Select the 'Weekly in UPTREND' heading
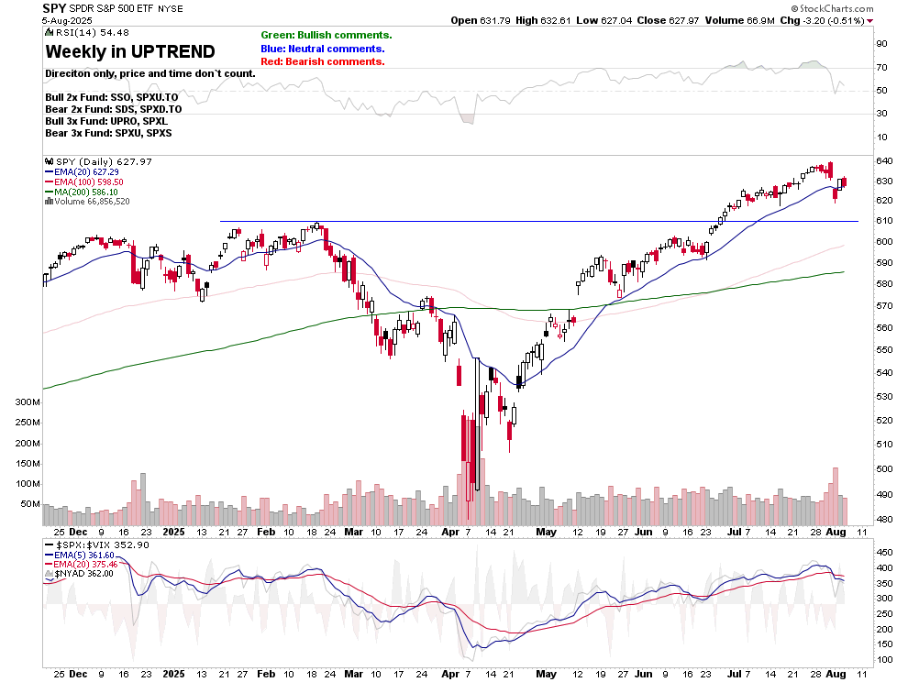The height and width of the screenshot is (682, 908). (129, 51)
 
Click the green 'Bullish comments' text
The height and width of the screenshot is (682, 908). (326, 35)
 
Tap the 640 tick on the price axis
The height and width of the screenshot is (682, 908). (885, 161)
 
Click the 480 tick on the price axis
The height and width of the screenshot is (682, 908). (885, 519)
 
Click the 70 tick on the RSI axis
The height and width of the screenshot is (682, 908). (881, 67)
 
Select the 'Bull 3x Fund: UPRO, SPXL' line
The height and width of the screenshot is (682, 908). (105, 121)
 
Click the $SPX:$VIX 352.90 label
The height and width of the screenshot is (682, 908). (96, 544)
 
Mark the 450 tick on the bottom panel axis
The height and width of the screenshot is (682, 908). (885, 553)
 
